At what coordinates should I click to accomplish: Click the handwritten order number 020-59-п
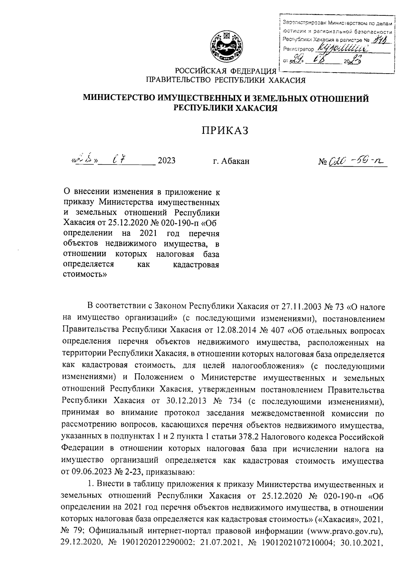(357, 160)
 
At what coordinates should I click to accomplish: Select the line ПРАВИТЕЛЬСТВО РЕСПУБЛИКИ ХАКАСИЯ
(225, 80)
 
